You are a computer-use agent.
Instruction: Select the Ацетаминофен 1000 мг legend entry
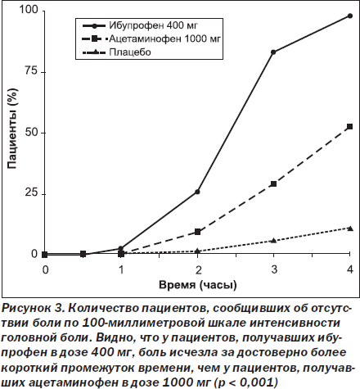151,38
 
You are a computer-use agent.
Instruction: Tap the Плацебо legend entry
117,52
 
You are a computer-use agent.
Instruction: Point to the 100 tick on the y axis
29,10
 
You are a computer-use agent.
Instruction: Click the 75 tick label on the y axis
31,71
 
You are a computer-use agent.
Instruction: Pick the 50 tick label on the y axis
31,133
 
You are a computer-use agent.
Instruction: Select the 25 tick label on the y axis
31,193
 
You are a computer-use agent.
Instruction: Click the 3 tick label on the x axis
274,269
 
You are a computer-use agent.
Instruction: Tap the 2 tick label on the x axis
198,269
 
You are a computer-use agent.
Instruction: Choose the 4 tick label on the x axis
350,269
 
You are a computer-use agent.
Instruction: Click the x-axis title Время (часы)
198,285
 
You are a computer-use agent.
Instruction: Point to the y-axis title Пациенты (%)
12,129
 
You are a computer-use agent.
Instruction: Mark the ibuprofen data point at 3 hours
273,52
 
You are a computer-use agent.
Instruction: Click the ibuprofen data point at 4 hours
350,16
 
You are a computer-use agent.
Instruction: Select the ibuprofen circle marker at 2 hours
197,192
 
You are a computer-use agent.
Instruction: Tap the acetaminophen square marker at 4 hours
349,126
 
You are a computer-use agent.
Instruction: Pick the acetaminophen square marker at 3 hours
273,183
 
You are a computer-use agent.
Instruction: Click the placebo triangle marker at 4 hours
350,228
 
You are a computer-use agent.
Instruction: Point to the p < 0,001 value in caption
247,382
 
